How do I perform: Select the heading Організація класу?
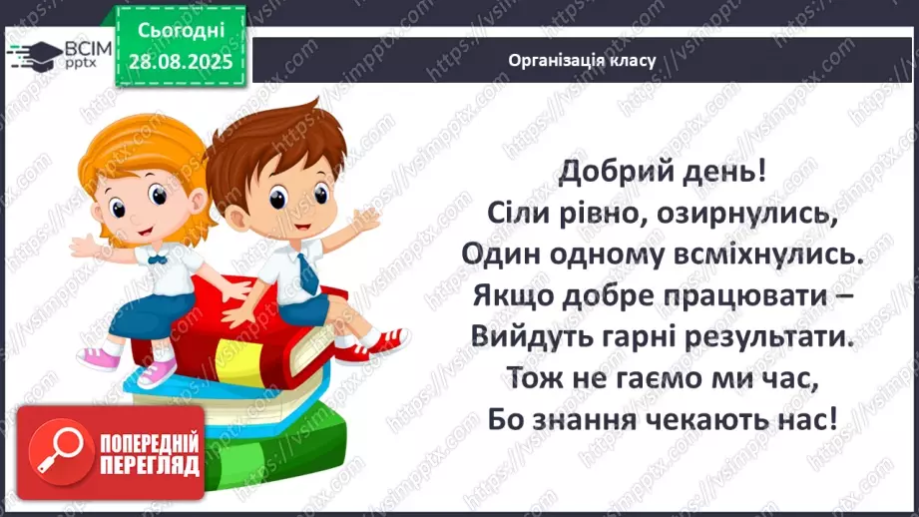581,60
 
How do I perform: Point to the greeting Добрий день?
663,171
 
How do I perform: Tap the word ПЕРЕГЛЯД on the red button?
150,466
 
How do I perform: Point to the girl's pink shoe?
158,371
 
